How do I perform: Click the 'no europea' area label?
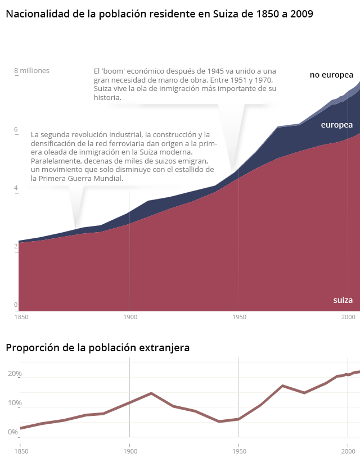pos(331,75)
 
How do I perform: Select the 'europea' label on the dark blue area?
pos(336,125)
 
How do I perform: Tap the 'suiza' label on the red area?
pos(343,300)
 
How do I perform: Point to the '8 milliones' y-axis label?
pos(31,71)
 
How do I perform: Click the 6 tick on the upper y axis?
pos(16,130)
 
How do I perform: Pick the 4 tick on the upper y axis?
pos(16,189)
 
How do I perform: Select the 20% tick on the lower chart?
pos(15,374)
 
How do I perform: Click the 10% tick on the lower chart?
pos(15,403)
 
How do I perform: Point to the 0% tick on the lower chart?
pos(13,432)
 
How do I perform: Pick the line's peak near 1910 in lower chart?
pos(151,393)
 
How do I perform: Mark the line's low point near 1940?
pos(219,421)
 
